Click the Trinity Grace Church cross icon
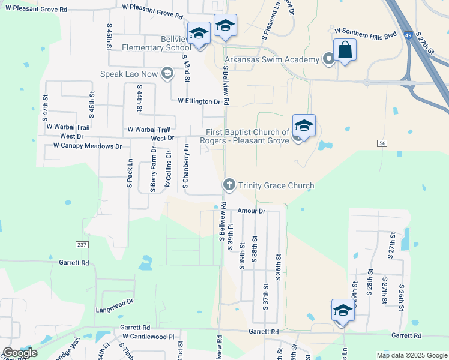tap(228, 185)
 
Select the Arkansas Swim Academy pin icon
tap(328, 59)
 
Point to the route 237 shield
tap(82, 245)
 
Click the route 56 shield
tap(381, 143)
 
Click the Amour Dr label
tap(251, 211)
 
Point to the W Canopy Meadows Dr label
tap(88, 146)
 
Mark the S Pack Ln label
tap(130, 174)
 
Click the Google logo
tap(20, 353)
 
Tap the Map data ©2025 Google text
tap(411, 355)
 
